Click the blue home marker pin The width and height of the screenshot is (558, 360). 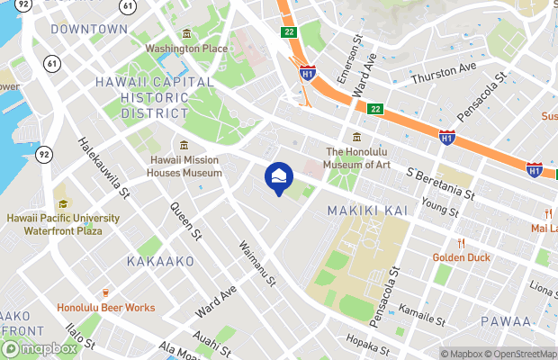pos(279,175)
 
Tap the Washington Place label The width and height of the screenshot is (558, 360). pos(185,48)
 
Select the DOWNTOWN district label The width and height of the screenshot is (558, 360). pos(89,29)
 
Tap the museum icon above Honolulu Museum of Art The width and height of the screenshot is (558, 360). pos(357,138)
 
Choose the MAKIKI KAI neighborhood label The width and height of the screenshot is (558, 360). pos(367,210)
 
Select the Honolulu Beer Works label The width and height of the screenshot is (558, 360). pos(105,308)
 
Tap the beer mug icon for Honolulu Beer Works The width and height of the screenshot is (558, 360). pos(105,292)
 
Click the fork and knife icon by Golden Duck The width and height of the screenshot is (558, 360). pos(461,242)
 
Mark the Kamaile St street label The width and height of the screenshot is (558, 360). pos(422,314)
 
